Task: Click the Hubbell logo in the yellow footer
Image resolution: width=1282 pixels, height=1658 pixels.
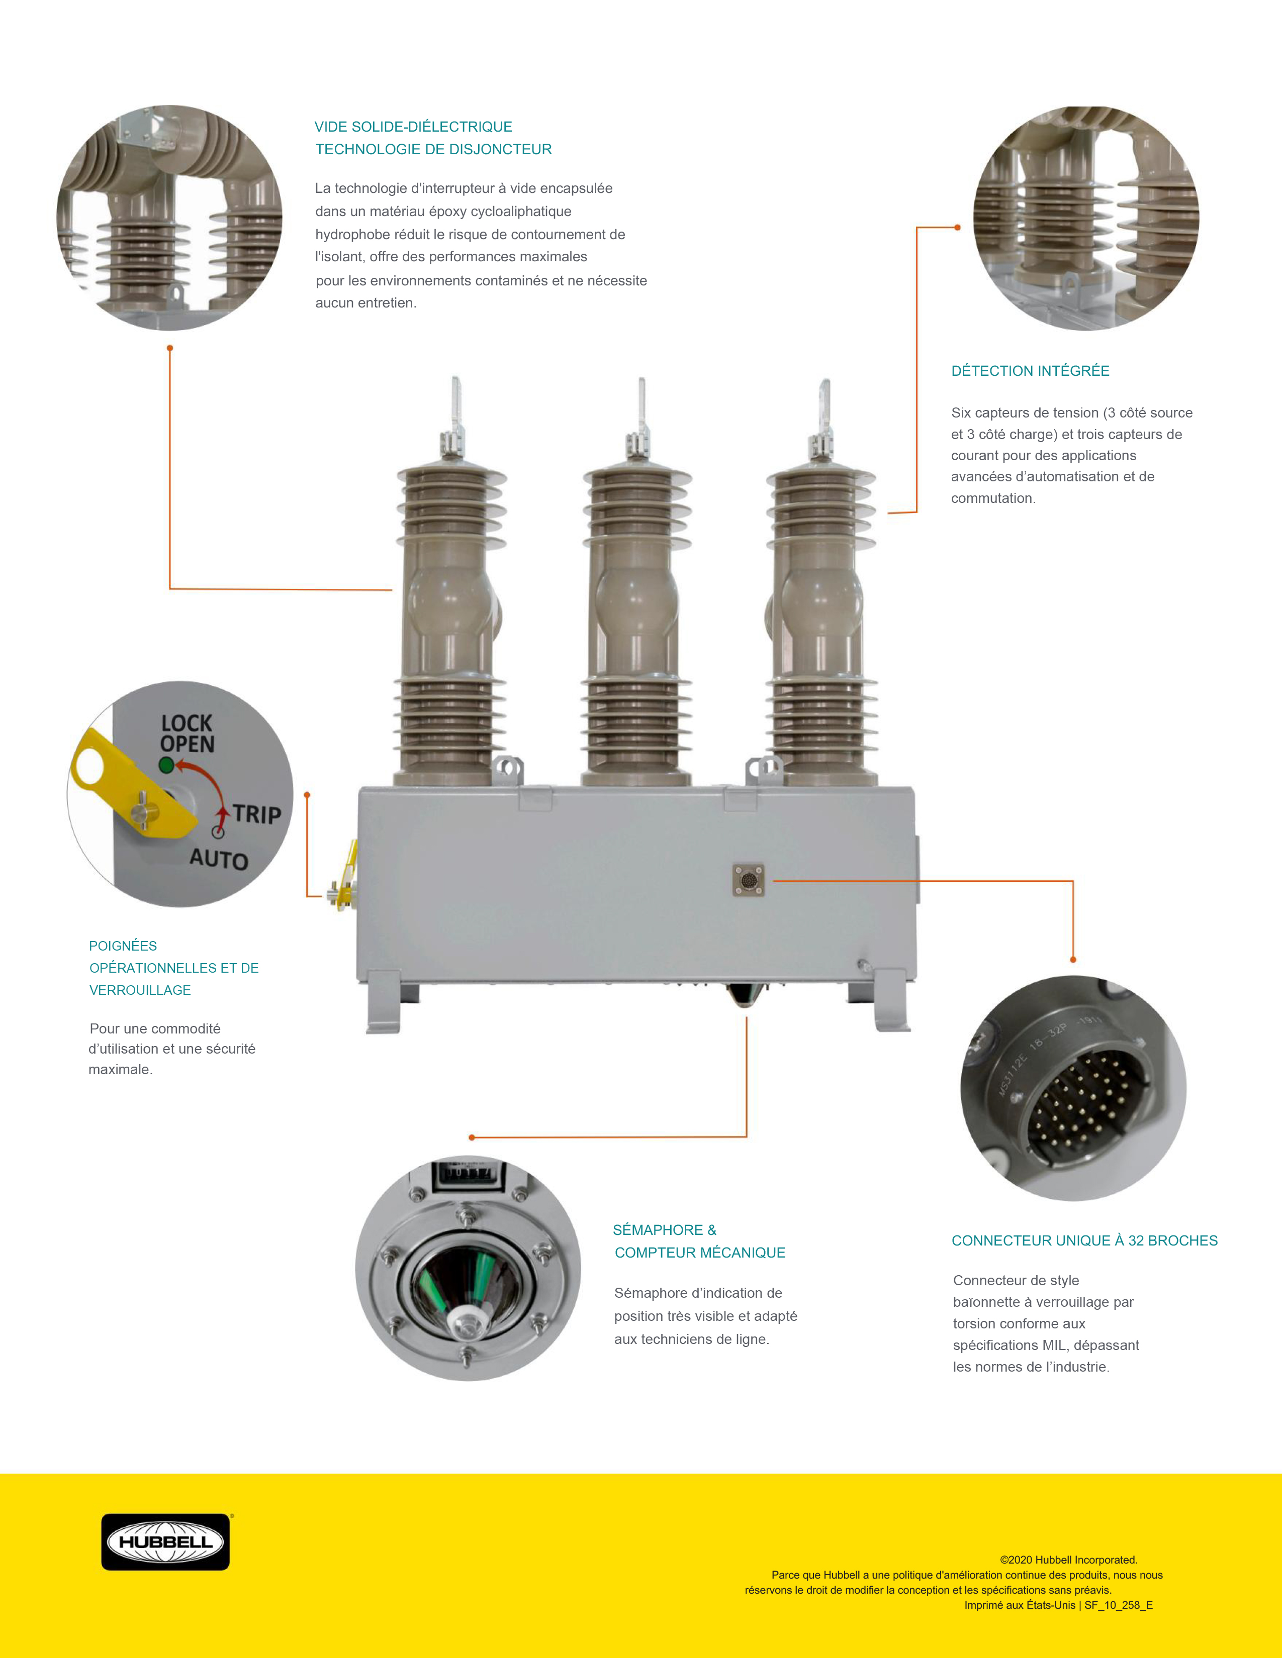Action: point(165,1542)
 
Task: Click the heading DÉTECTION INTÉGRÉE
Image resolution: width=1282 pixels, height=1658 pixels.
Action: point(1030,370)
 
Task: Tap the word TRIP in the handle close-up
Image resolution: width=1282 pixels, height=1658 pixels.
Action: point(257,814)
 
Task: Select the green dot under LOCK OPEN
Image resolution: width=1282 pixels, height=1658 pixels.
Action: point(166,765)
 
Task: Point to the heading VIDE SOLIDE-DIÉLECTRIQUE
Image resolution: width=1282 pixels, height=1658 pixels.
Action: point(413,127)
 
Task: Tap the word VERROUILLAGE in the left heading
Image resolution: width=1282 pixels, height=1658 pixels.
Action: point(140,990)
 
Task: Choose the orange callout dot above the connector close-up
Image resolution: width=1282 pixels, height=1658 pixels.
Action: point(1073,960)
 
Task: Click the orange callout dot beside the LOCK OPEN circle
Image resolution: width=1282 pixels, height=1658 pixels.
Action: point(307,795)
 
